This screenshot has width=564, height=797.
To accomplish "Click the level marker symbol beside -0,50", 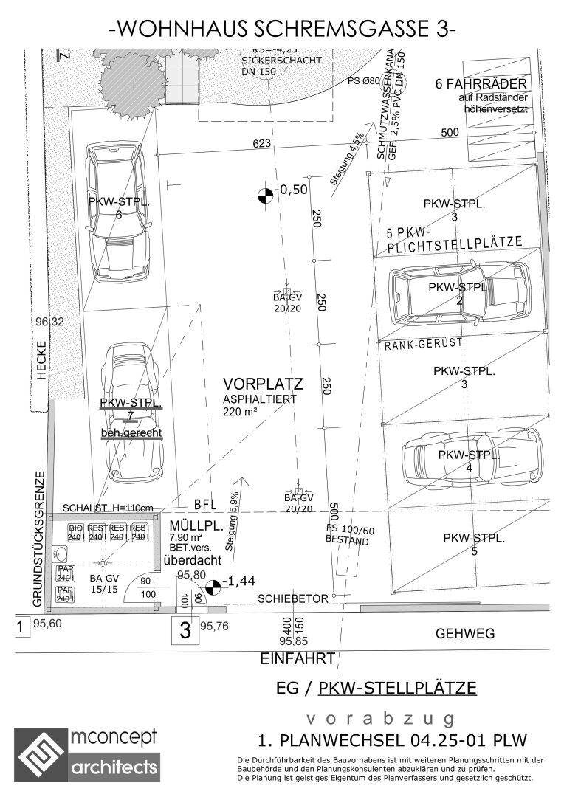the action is [x=264, y=194].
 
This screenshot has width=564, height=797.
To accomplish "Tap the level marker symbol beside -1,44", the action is [x=213, y=587].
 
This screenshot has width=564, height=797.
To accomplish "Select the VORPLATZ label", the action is [x=263, y=384].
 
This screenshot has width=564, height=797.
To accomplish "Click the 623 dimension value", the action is [x=261, y=143].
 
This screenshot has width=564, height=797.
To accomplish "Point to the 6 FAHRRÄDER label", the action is [x=481, y=83].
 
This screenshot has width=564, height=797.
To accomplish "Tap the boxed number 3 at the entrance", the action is [x=185, y=630].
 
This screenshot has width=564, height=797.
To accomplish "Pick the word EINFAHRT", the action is [x=298, y=658].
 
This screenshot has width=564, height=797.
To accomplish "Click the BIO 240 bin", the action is [x=75, y=533].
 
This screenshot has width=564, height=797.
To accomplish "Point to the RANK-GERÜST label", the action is [x=424, y=343].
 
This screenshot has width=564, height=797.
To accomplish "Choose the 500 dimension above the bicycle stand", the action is [x=450, y=132].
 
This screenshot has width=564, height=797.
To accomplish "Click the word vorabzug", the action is [x=380, y=719].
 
